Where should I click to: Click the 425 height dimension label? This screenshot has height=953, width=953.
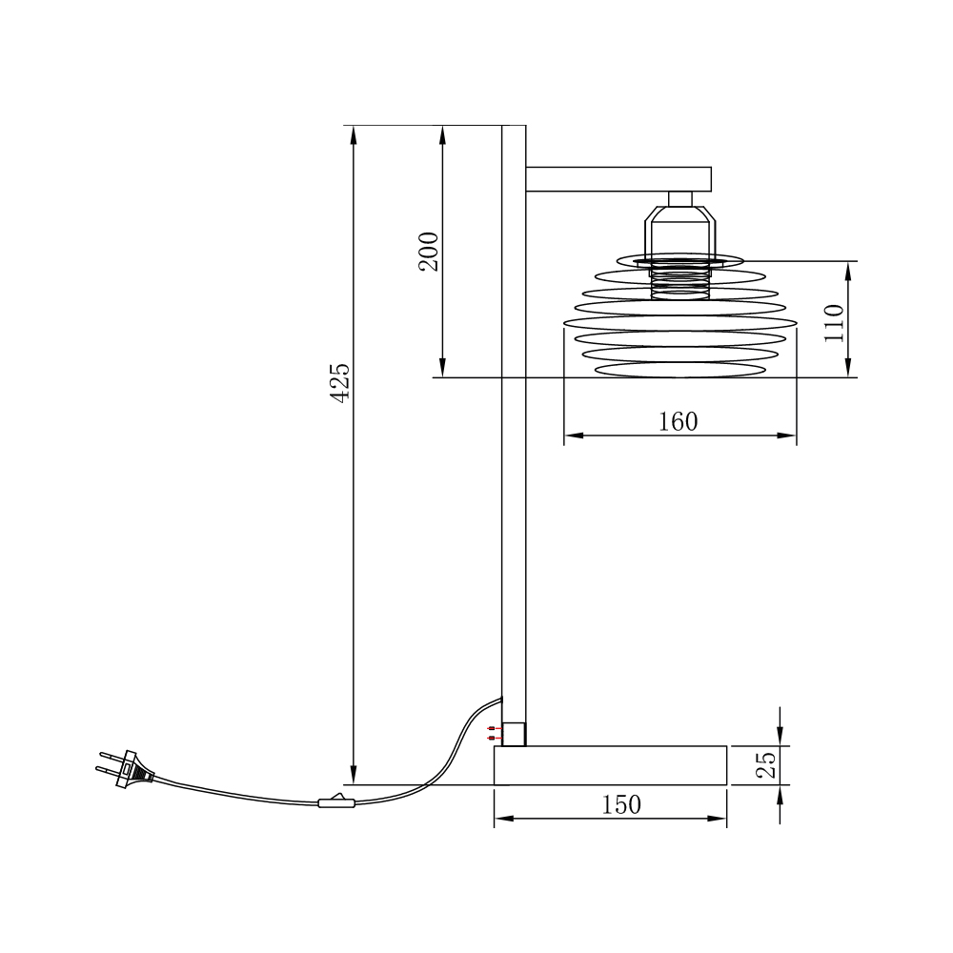pos(340,382)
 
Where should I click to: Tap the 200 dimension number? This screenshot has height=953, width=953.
pos(429,252)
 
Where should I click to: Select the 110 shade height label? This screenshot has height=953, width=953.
pos(834,323)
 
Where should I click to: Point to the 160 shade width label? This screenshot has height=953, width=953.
pos(679,421)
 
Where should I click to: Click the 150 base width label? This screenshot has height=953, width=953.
pos(621,804)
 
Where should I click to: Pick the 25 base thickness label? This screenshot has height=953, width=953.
pos(766,765)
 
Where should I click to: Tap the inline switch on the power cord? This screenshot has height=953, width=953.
pos(336,802)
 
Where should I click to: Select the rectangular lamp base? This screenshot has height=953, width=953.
pos(610,765)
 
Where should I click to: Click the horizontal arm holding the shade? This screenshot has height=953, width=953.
pos(618,179)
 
